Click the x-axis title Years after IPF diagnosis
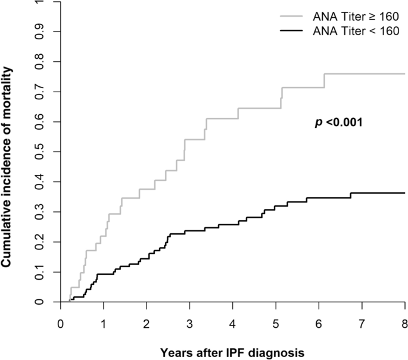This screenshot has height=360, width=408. pos(232,352)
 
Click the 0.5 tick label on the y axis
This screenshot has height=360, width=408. pos(40,152)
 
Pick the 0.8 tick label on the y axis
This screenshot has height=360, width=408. pos(40,62)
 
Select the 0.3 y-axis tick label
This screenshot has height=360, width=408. pos(40,212)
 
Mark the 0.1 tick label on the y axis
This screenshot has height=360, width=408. pos(40,272)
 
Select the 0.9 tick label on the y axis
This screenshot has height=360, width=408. pos(40,32)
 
